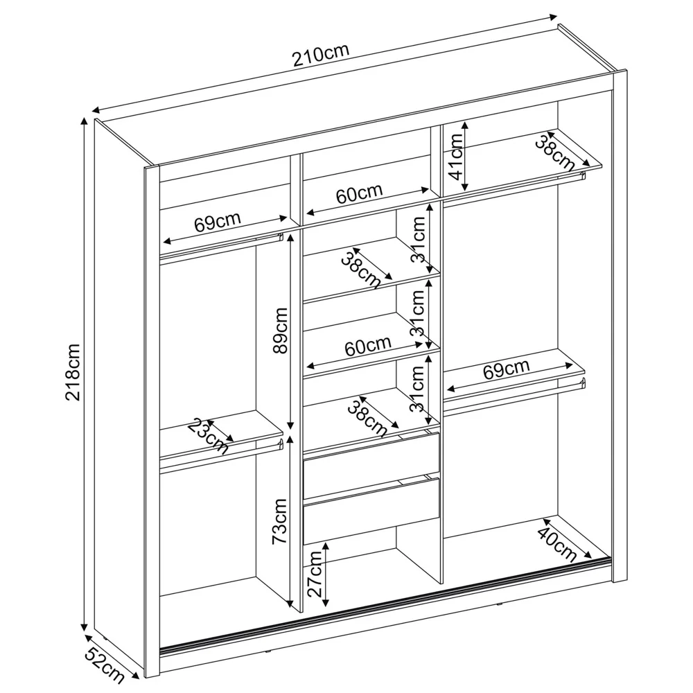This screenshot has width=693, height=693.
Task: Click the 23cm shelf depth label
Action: [x=208, y=434]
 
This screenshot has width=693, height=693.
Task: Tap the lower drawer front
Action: [x=371, y=509]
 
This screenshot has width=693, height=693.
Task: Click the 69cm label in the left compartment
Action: [x=217, y=223]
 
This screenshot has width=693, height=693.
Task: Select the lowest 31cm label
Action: [x=417, y=389]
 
